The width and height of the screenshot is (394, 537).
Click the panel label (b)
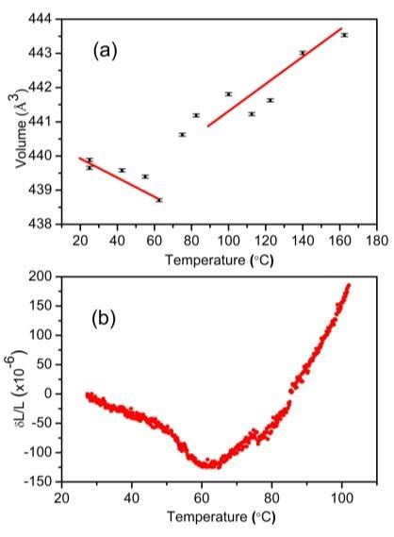click(109, 319)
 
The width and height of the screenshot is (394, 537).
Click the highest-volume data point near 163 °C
click(344, 35)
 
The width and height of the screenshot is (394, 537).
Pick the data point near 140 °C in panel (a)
click(302, 53)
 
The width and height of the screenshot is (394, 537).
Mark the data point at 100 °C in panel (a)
click(228, 94)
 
